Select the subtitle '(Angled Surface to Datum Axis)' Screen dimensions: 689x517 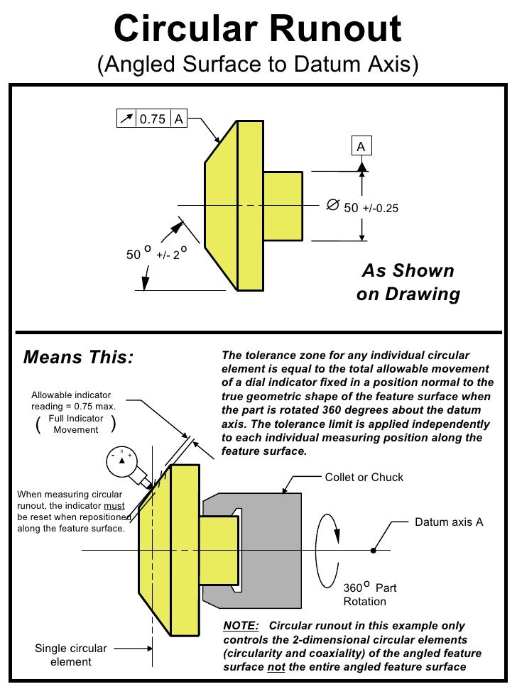(258, 65)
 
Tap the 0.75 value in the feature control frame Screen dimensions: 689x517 (152, 118)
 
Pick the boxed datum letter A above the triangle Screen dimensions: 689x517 (361, 146)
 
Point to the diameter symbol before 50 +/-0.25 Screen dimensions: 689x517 (332, 206)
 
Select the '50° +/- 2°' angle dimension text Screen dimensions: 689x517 (157, 253)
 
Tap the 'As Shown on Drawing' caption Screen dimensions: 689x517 (408, 282)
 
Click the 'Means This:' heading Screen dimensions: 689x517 (78, 356)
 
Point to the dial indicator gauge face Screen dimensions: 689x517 (121, 460)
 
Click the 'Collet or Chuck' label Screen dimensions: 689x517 (364, 477)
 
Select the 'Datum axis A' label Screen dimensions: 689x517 (449, 522)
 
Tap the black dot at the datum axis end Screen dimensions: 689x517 (374, 550)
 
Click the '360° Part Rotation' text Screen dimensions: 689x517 (369, 595)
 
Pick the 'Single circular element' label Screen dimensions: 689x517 (71, 655)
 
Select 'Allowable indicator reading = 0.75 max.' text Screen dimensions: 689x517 (73, 401)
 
